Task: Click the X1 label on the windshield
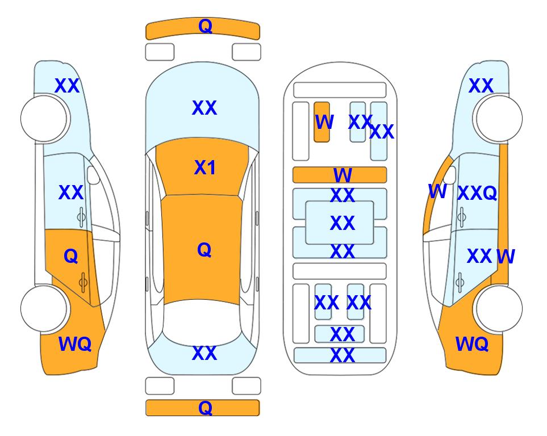tap(205, 167)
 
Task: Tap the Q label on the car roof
tap(204, 250)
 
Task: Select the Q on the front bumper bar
tap(205, 26)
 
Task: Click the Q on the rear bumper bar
tap(205, 408)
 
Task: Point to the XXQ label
tap(477, 192)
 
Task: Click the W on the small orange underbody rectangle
tap(324, 122)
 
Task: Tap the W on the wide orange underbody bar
tap(343, 175)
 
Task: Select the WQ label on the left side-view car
tap(75, 344)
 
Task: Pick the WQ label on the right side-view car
tap(472, 344)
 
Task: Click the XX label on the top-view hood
tap(204, 107)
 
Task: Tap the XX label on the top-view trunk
tap(204, 353)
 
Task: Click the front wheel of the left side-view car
tap(44, 119)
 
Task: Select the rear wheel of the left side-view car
tap(44, 308)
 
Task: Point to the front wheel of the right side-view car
tap(499, 119)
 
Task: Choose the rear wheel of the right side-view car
tap(499, 308)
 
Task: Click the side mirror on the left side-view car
tap(93, 175)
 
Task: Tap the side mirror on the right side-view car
tap(450, 175)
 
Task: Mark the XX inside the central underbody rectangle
tap(343, 223)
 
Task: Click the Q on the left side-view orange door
tap(71, 257)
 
